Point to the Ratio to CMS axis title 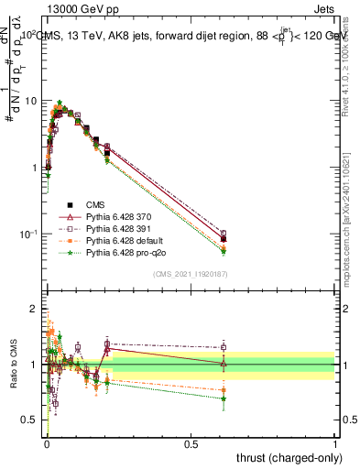pos(12,365)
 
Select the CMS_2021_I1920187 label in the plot pos(191,273)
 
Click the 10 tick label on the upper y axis pos(34,101)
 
